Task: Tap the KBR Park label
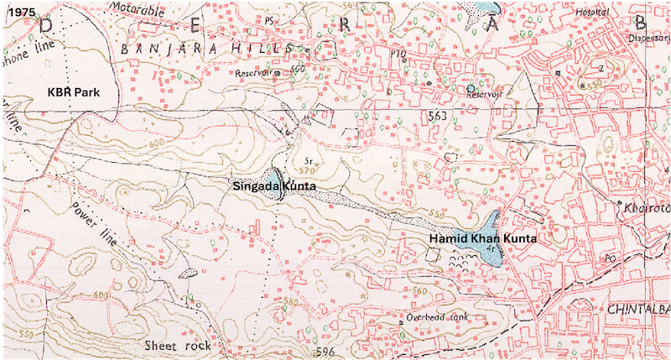[68, 88]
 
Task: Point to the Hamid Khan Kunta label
[481, 238]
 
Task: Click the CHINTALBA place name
[636, 309]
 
